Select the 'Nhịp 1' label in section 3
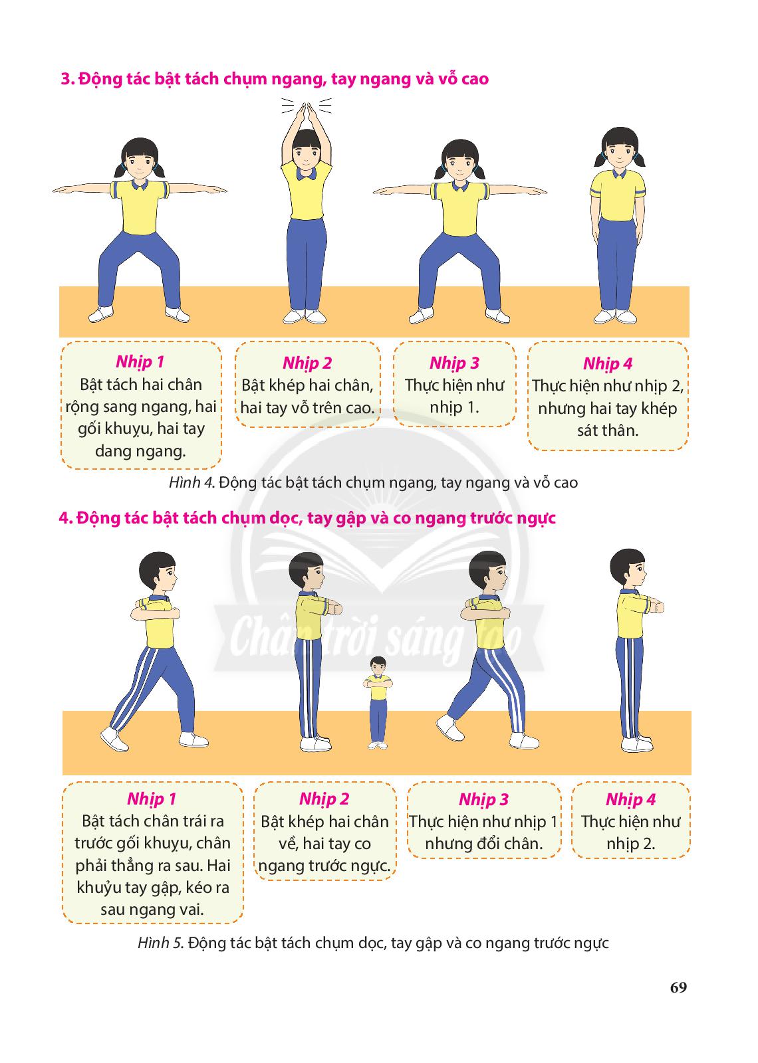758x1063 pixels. coord(140,362)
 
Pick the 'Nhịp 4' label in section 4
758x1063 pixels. coord(630,800)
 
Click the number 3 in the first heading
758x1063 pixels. coord(66,79)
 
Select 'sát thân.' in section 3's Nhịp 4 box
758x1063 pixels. coord(608,431)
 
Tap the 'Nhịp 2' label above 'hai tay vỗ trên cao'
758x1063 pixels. coord(307,363)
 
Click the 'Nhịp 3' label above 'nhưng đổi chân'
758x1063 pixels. coord(483,800)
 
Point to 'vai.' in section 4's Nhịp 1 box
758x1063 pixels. coord(193,910)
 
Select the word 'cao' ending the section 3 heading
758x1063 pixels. coord(475,79)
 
